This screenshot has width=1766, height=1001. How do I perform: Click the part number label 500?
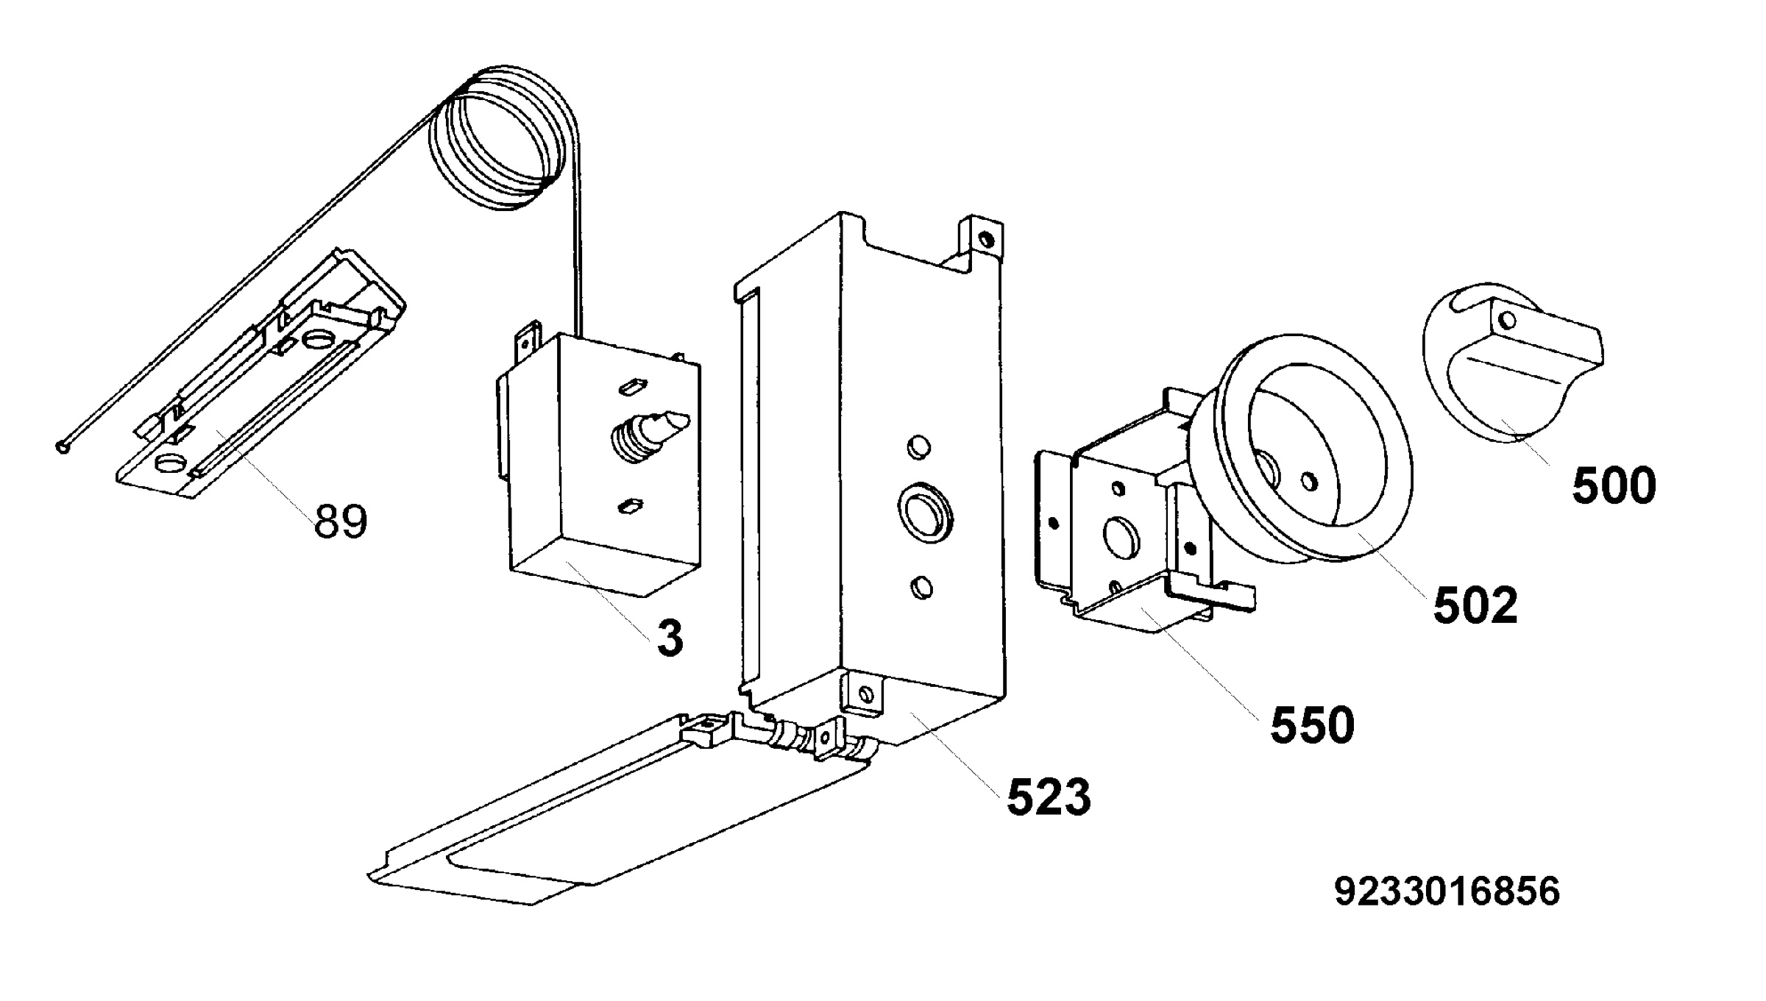pos(1614,486)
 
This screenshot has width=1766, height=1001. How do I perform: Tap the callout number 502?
pos(1475,606)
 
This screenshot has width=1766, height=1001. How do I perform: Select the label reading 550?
pos(1313,725)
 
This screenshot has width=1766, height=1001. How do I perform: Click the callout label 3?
pos(670,638)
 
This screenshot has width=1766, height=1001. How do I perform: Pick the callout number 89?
pos(341,521)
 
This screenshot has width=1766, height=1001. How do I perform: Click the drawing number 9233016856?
pos(1447,891)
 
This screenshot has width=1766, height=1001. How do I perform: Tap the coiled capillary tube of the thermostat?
pos(505,136)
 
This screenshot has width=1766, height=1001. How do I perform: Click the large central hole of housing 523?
pos(923,512)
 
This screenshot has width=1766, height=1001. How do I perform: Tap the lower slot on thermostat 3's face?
pos(630,506)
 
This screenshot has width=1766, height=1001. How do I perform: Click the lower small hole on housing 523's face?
pos(921,588)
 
